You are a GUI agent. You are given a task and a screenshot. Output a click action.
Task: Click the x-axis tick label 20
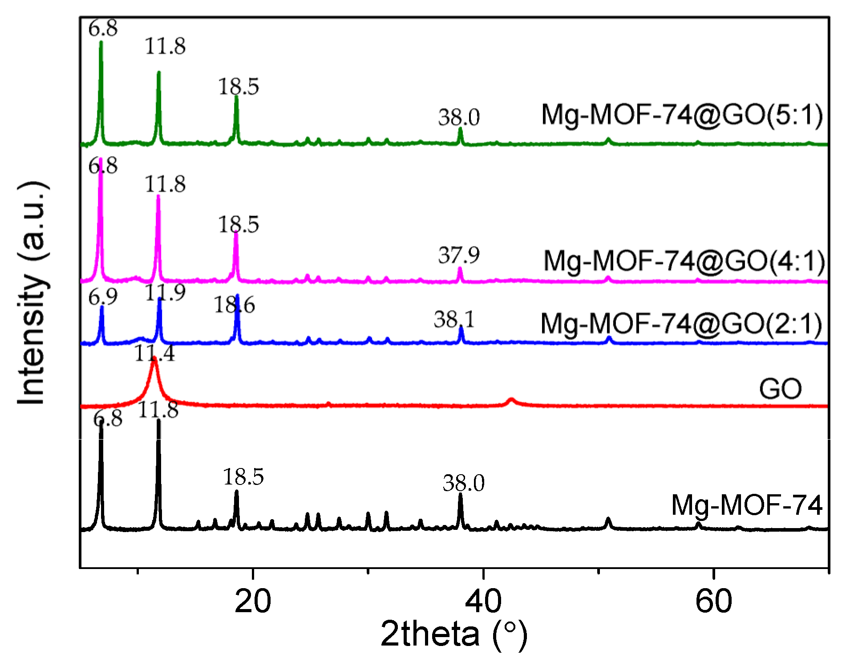[x=252, y=601]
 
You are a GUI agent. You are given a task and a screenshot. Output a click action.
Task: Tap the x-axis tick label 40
[x=483, y=601]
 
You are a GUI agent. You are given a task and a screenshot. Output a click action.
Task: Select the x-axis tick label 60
[x=713, y=601]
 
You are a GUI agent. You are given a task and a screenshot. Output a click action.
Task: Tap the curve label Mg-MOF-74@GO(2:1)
[x=681, y=323]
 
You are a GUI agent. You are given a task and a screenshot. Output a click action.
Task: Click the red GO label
[x=780, y=389]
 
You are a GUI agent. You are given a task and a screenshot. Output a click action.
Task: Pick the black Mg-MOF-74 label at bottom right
[x=746, y=505]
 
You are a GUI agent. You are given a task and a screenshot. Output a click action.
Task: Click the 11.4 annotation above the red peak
[x=154, y=354]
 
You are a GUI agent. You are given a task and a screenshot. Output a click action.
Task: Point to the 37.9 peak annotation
[x=459, y=255]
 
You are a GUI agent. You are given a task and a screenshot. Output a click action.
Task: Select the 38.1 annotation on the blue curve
[x=454, y=319]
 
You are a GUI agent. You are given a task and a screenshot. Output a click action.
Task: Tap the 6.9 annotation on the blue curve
[x=103, y=297]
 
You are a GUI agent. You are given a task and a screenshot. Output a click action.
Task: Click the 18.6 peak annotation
[x=234, y=305]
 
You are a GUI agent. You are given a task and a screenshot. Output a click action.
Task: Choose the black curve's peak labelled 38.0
[x=460, y=495]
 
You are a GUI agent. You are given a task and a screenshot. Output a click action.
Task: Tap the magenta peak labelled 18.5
[x=236, y=234]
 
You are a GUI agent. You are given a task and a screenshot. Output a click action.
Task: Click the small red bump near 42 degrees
[x=511, y=400]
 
